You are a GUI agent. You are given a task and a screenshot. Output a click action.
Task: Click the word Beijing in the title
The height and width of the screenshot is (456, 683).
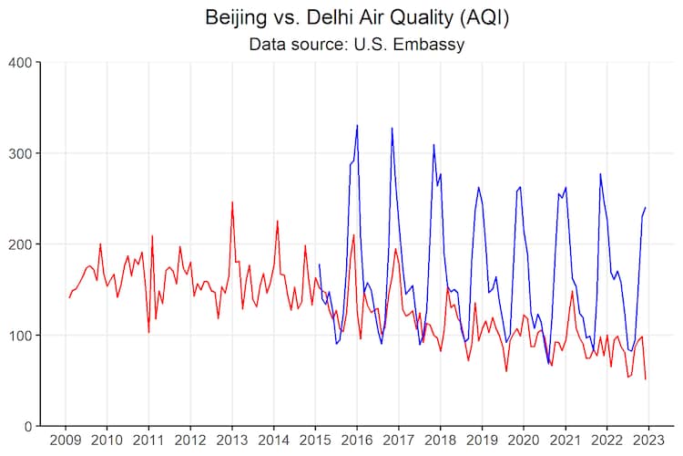(x=237, y=17)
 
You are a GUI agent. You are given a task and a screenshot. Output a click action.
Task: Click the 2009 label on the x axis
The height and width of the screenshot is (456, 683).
(x=66, y=440)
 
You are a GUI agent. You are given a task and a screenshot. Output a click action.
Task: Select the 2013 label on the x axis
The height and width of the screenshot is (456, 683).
(x=231, y=440)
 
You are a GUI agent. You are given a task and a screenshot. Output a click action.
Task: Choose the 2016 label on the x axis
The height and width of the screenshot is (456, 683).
(x=356, y=440)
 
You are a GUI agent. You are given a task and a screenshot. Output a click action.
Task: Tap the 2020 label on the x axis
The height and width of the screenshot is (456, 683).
(x=523, y=440)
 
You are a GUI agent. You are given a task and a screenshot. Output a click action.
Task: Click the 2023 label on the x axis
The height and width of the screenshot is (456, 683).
(x=647, y=440)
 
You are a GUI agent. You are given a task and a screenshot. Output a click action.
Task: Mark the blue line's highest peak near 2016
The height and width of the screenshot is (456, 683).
(x=357, y=126)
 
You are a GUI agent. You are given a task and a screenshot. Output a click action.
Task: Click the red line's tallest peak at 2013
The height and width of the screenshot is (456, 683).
(x=232, y=202)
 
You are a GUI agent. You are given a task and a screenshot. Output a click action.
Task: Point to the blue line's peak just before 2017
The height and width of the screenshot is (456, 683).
(x=392, y=129)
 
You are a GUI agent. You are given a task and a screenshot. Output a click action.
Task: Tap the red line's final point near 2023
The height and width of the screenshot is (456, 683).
(x=646, y=379)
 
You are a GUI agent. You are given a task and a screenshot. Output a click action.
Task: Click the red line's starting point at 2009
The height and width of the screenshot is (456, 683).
(x=68, y=297)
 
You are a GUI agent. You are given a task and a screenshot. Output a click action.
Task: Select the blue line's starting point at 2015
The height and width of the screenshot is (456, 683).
(x=319, y=264)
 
